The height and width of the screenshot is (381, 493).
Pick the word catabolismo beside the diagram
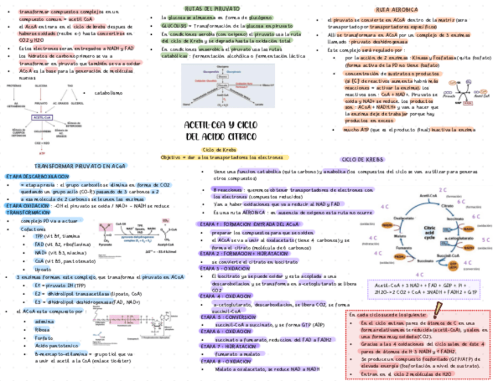click(108, 92)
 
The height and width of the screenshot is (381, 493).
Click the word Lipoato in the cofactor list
click(44, 269)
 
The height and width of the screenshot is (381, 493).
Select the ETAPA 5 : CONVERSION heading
click(228, 317)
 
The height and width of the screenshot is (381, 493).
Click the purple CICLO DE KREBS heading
click(360, 159)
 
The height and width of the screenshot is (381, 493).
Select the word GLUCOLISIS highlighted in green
click(174, 26)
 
